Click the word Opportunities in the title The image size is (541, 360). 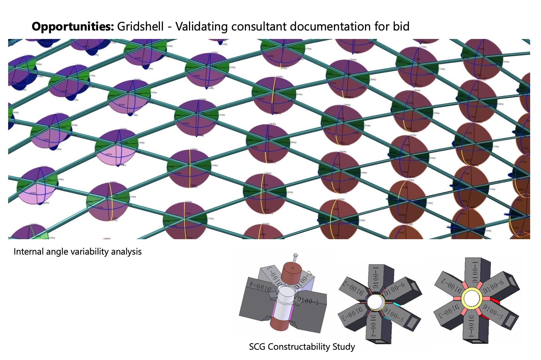tap(73, 27)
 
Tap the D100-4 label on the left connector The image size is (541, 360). tap(259, 285)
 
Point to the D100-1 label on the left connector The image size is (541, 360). tap(308, 301)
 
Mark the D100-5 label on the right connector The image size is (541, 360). tap(492, 312)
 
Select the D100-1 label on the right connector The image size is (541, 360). tap(473, 272)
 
